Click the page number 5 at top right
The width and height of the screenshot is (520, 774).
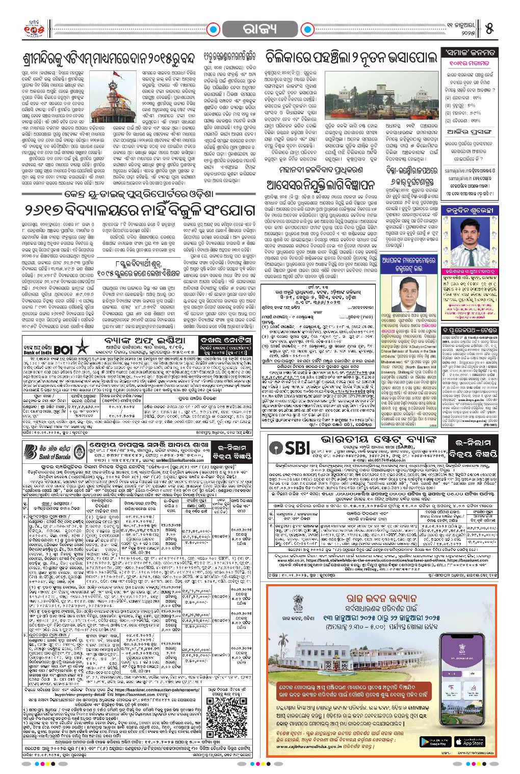(x=489, y=28)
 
